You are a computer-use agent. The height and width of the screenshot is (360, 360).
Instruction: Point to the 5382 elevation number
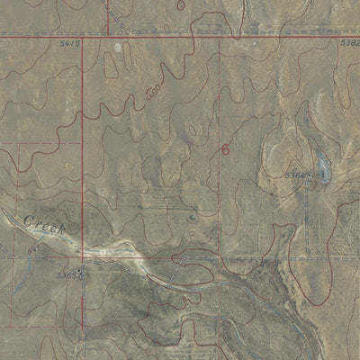tap(350, 42)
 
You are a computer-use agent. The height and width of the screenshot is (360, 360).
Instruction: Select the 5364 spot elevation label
tap(296, 174)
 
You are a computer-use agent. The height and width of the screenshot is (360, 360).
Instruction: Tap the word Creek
tap(45, 224)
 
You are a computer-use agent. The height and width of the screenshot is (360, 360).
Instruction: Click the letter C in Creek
tap(30, 219)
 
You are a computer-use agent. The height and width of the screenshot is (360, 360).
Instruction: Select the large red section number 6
tap(224, 149)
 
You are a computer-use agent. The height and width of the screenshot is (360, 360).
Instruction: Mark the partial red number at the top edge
tap(181, 4)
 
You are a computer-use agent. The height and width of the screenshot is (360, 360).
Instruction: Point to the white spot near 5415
tap(118, 44)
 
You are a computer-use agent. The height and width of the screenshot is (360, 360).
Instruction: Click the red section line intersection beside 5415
tap(83, 36)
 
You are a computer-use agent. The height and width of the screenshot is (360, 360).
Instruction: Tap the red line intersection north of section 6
tap(219, 36)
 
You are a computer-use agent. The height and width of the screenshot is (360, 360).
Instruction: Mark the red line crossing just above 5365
tap(83, 255)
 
